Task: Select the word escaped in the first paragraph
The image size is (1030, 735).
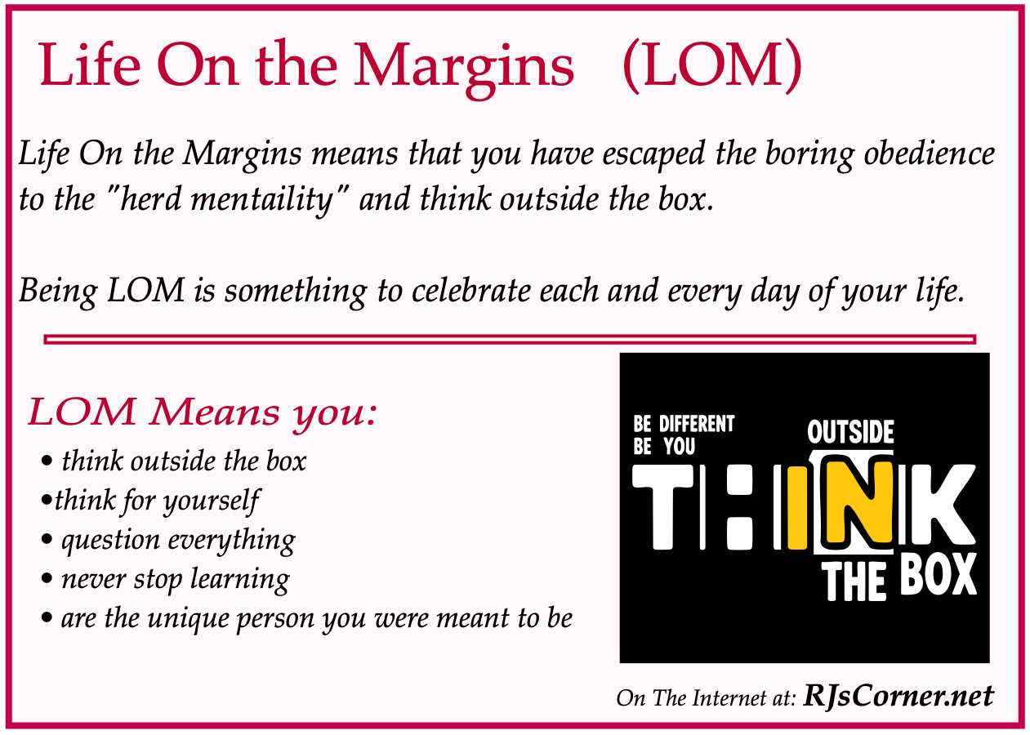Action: click(x=653, y=154)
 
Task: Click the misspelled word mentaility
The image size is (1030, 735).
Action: click(x=261, y=200)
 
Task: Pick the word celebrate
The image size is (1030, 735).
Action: click(x=470, y=291)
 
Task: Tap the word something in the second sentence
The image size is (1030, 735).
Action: click(x=296, y=292)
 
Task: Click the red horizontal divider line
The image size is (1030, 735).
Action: click(x=510, y=339)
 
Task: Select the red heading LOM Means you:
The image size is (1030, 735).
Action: click(x=203, y=413)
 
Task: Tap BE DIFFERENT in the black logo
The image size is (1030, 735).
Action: click(x=684, y=424)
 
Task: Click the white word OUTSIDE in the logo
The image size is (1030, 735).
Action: click(x=850, y=432)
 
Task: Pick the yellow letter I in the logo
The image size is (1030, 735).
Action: click(x=798, y=508)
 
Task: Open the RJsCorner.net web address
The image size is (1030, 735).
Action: click(x=898, y=696)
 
